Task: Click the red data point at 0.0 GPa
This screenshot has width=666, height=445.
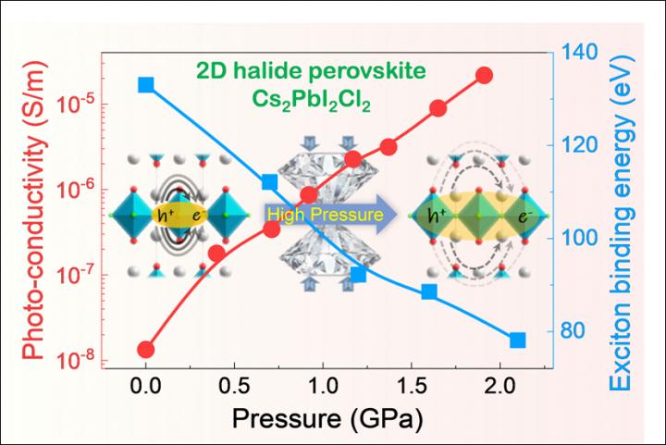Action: point(146,350)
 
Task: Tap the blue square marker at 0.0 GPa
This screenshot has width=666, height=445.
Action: point(146,85)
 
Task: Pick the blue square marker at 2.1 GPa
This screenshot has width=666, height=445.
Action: point(518,340)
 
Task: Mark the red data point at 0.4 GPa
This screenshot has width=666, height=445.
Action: point(217,253)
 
